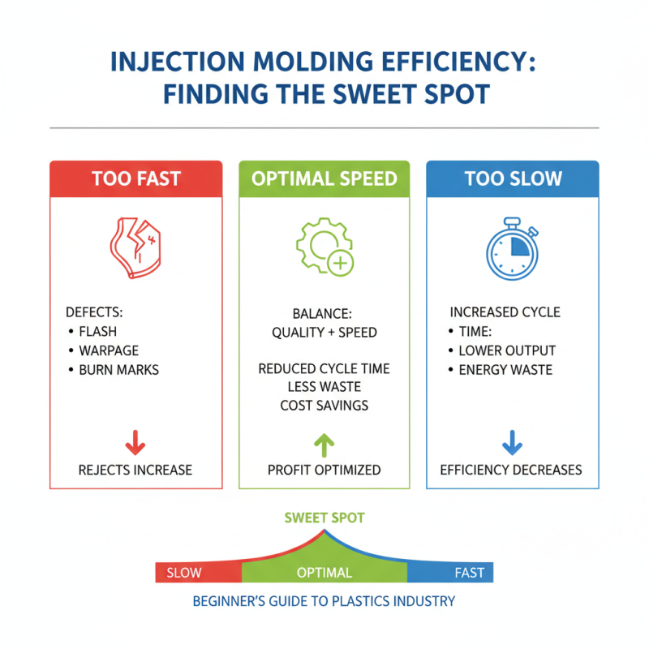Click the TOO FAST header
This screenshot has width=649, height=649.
tap(136, 178)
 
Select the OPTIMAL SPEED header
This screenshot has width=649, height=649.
tap(324, 178)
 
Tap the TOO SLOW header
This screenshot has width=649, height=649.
tap(513, 178)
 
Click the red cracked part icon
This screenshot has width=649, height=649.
tap(135, 247)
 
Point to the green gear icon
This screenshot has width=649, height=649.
tap(324, 247)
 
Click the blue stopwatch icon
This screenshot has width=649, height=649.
tap(513, 248)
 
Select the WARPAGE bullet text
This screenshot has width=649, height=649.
tap(109, 350)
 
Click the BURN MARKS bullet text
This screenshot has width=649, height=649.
tap(118, 370)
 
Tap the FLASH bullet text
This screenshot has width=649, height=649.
tap(97, 332)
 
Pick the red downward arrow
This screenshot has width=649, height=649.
tap(135, 443)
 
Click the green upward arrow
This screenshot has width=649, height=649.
tap(324, 445)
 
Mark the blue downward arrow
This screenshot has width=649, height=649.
tap(513, 443)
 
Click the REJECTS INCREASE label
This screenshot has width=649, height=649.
tap(135, 471)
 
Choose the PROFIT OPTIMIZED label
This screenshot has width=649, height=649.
tap(324, 471)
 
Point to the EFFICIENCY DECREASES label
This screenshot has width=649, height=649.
tap(511, 471)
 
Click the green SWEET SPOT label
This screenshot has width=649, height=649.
tap(324, 518)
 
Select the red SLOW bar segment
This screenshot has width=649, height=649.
tap(199, 573)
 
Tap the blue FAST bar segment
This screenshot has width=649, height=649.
tap(450, 573)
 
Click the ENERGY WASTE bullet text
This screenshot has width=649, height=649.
tap(505, 370)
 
